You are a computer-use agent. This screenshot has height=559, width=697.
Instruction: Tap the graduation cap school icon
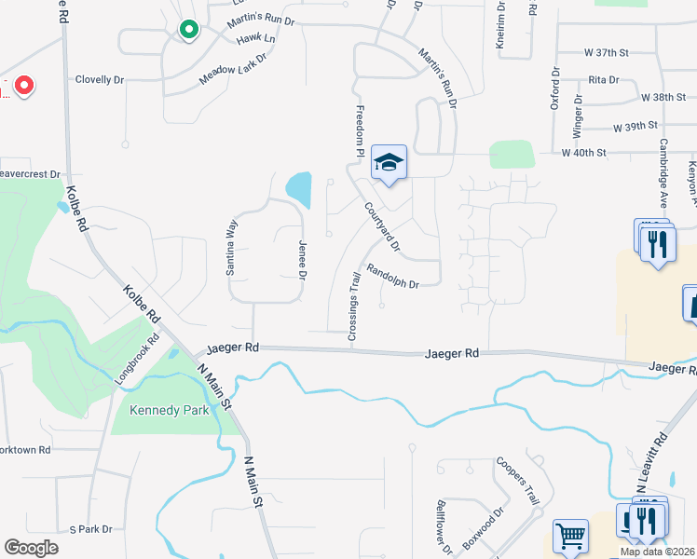[x=389, y=163]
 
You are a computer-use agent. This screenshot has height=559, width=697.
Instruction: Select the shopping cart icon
[x=569, y=536]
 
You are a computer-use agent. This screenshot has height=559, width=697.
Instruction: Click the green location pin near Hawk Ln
[x=189, y=30]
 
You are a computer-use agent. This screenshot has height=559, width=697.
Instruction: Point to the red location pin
[x=22, y=87]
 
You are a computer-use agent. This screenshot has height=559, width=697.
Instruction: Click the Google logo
[x=31, y=547]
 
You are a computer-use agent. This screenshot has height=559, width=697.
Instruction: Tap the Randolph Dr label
[x=392, y=277]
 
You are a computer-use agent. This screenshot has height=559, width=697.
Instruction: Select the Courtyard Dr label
[x=382, y=228]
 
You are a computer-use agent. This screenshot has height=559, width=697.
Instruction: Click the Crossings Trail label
[x=354, y=306]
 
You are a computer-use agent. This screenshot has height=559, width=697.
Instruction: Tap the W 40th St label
[x=583, y=152]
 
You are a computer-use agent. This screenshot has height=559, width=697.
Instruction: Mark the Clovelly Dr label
[x=100, y=80]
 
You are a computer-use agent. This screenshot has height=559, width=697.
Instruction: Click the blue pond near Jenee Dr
[x=299, y=190]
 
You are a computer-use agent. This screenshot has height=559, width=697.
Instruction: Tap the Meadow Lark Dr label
[x=233, y=70]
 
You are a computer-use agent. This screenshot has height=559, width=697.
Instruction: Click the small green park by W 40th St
[x=512, y=154]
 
